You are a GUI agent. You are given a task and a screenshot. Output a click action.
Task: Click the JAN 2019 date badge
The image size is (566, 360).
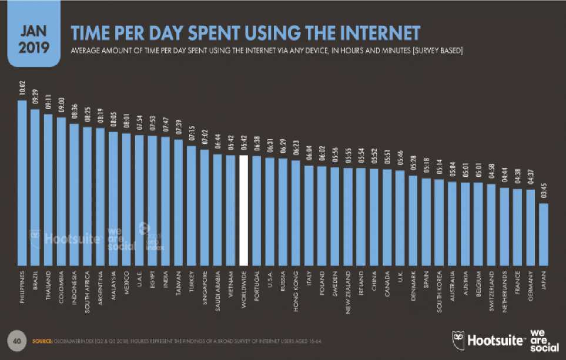click(x=34, y=40)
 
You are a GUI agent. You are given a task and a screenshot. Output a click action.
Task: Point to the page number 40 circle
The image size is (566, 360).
click(x=17, y=341)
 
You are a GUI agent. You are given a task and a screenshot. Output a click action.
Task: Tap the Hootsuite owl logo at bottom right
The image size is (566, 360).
click(x=458, y=339)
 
